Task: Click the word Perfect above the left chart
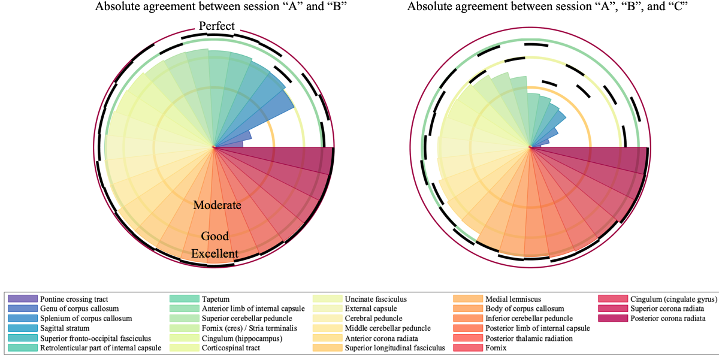pos(216,27)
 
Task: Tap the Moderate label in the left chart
pos(217,205)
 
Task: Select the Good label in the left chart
pos(215,236)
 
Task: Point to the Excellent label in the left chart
pos(215,253)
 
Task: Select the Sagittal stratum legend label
pos(65,328)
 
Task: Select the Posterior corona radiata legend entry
pos(668,318)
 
